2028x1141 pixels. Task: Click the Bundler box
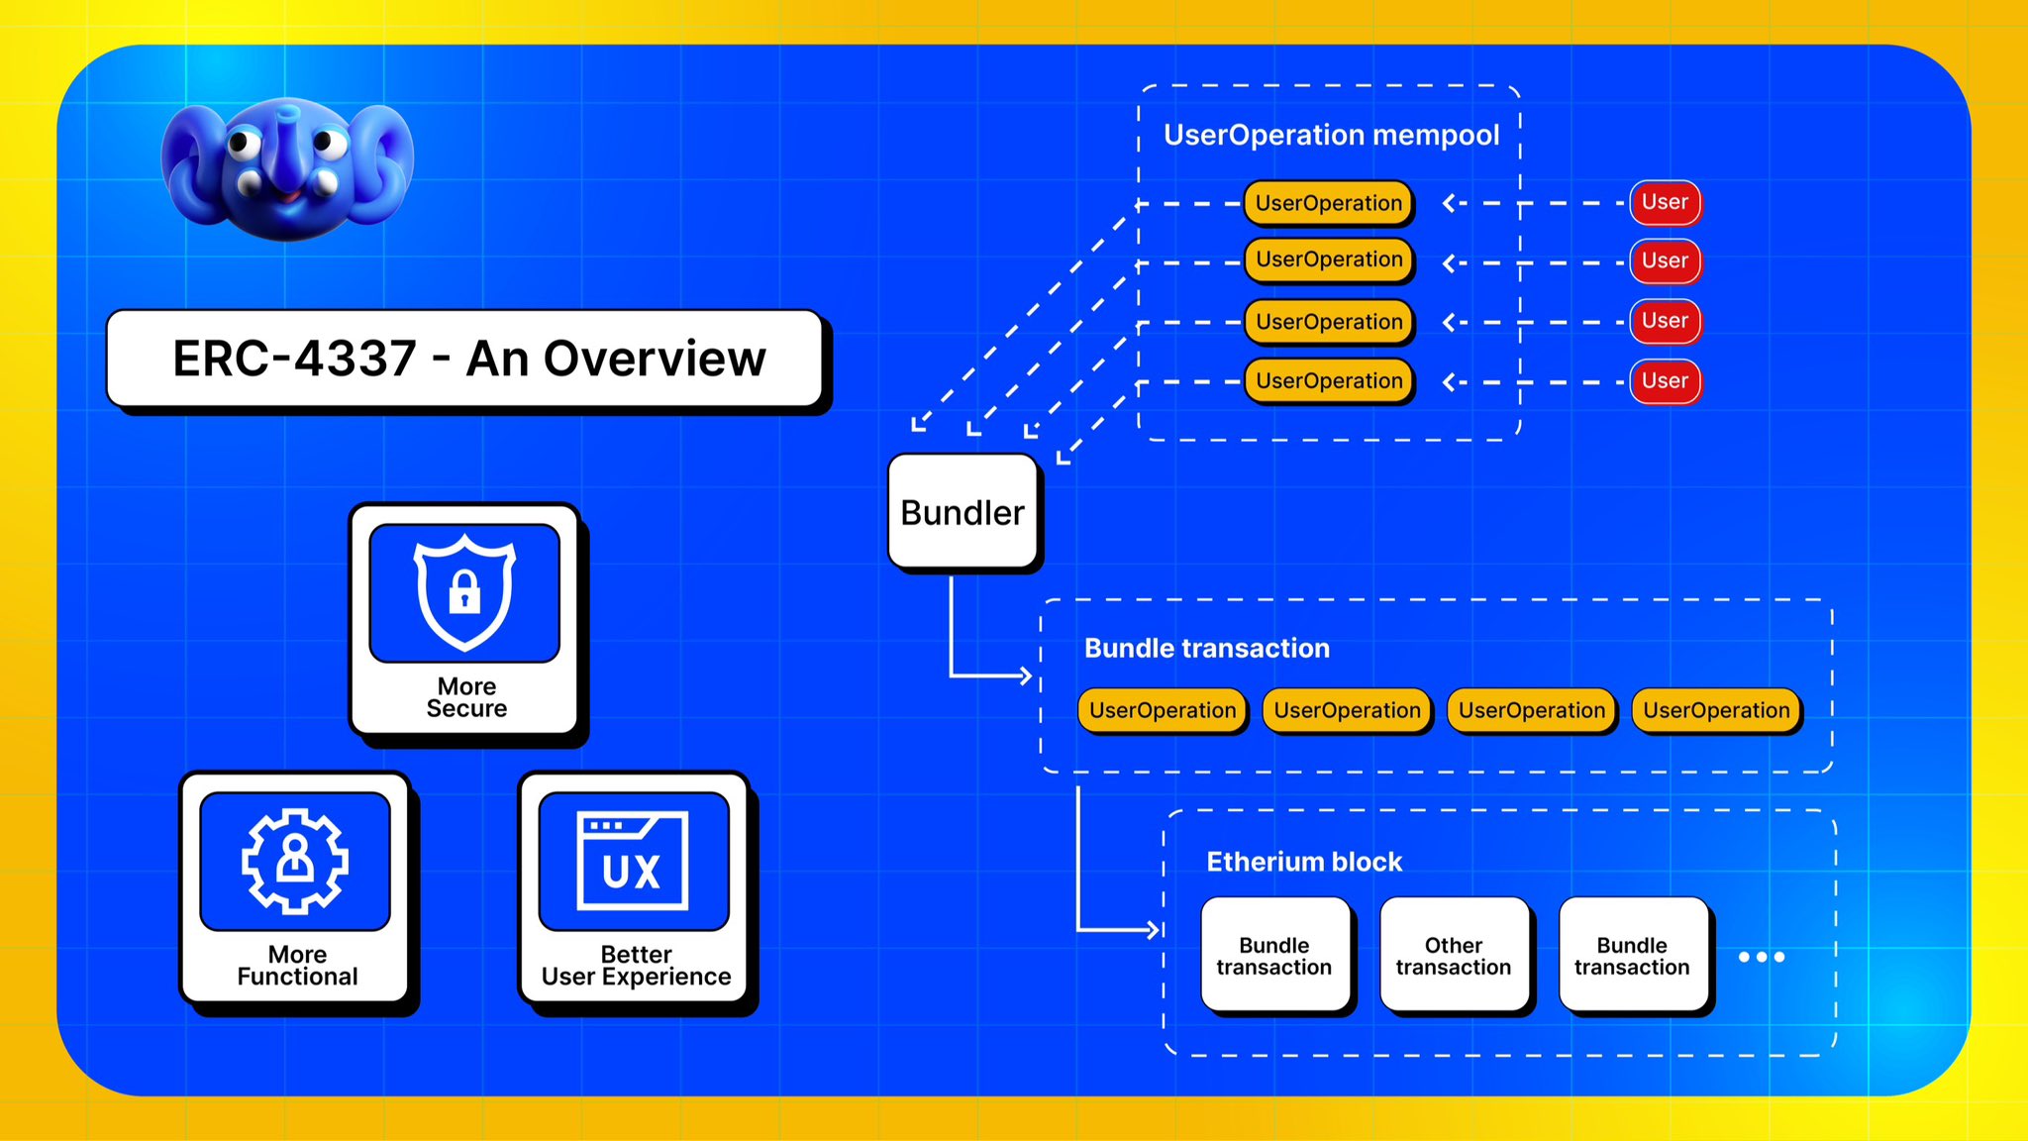(963, 512)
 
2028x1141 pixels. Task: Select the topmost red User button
(1665, 202)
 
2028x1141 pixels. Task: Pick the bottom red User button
(1665, 381)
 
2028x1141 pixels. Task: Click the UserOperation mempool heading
(1331, 135)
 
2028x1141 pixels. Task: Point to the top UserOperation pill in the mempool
(1328, 203)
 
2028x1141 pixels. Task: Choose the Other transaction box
(1453, 956)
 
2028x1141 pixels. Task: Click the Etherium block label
(1303, 862)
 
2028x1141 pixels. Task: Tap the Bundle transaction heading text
(1206, 648)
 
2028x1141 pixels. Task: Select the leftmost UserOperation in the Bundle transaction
(1162, 710)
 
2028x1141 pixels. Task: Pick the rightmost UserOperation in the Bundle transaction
(1715, 710)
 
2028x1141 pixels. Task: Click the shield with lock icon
(464, 592)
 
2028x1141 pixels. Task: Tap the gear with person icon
(295, 860)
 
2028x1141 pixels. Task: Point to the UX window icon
(633, 861)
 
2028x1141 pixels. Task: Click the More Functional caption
(297, 966)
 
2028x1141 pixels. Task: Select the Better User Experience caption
(636, 966)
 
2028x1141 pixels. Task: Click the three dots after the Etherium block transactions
(1762, 957)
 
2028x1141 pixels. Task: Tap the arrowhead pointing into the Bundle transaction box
(1025, 676)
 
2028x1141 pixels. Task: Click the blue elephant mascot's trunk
(288, 149)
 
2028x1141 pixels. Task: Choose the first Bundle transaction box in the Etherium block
(1273, 956)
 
